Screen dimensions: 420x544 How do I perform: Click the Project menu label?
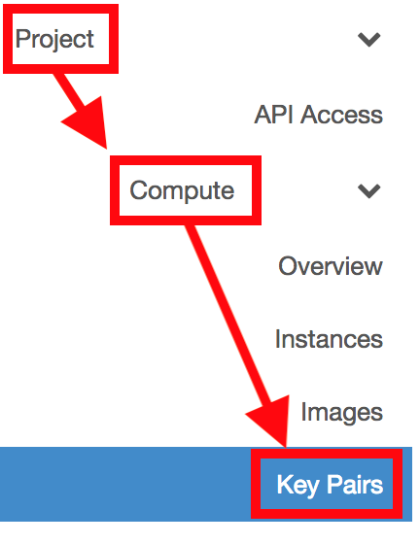click(x=54, y=39)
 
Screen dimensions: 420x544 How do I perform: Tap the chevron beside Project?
click(x=369, y=39)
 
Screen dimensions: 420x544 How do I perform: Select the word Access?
click(x=341, y=115)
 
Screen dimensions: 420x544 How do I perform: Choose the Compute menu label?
click(x=182, y=190)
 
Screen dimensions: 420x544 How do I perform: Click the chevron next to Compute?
click(x=369, y=191)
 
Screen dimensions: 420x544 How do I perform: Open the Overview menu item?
click(x=331, y=266)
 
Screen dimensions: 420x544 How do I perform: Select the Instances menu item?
click(x=329, y=339)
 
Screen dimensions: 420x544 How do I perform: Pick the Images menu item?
click(x=342, y=413)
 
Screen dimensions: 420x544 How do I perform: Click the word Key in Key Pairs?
click(x=297, y=486)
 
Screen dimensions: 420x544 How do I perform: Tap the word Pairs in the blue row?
click(x=355, y=485)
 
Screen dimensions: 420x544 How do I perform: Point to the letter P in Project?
click(x=22, y=38)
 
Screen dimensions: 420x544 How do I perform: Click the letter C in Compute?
click(x=139, y=190)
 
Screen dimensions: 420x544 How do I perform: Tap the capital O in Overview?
click(x=288, y=266)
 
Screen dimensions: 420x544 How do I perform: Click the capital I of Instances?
click(x=278, y=339)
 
